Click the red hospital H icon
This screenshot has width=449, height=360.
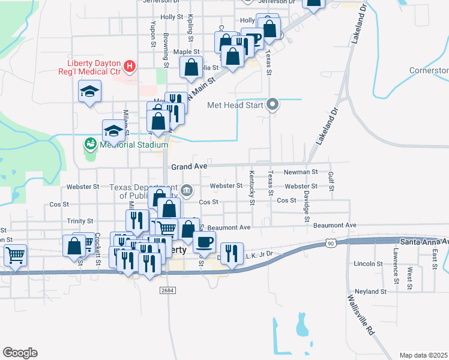tap(129, 65)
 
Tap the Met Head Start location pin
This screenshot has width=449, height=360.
tap(273, 105)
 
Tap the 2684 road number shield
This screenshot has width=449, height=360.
tap(168, 290)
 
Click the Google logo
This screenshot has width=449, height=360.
tap(20, 353)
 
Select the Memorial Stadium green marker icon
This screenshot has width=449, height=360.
tap(90, 144)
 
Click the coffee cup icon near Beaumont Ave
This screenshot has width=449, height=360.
tap(204, 241)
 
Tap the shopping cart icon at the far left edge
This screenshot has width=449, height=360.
tap(16, 254)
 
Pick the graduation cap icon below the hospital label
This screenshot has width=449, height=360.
tap(90, 91)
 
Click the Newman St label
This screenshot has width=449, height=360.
tap(303, 172)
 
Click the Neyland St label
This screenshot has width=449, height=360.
tap(370, 291)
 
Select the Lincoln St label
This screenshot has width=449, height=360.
tap(368, 263)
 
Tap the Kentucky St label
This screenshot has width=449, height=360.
tap(252, 188)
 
